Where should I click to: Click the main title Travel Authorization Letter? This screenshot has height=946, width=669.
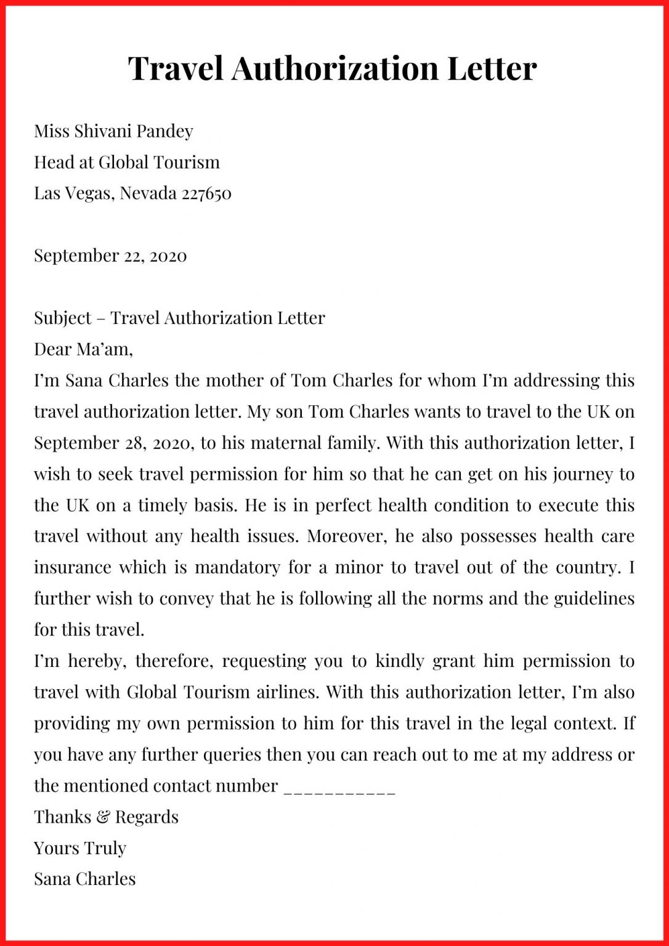click(x=333, y=68)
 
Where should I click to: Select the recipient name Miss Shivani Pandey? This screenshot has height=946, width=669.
click(x=113, y=131)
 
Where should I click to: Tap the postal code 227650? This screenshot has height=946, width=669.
click(x=206, y=193)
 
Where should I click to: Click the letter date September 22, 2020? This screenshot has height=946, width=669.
click(x=110, y=256)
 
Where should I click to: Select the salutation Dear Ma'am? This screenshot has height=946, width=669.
click(x=83, y=350)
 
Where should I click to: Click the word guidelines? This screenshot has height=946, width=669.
click(x=594, y=599)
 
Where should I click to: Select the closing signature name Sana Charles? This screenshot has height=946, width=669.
click(x=85, y=879)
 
